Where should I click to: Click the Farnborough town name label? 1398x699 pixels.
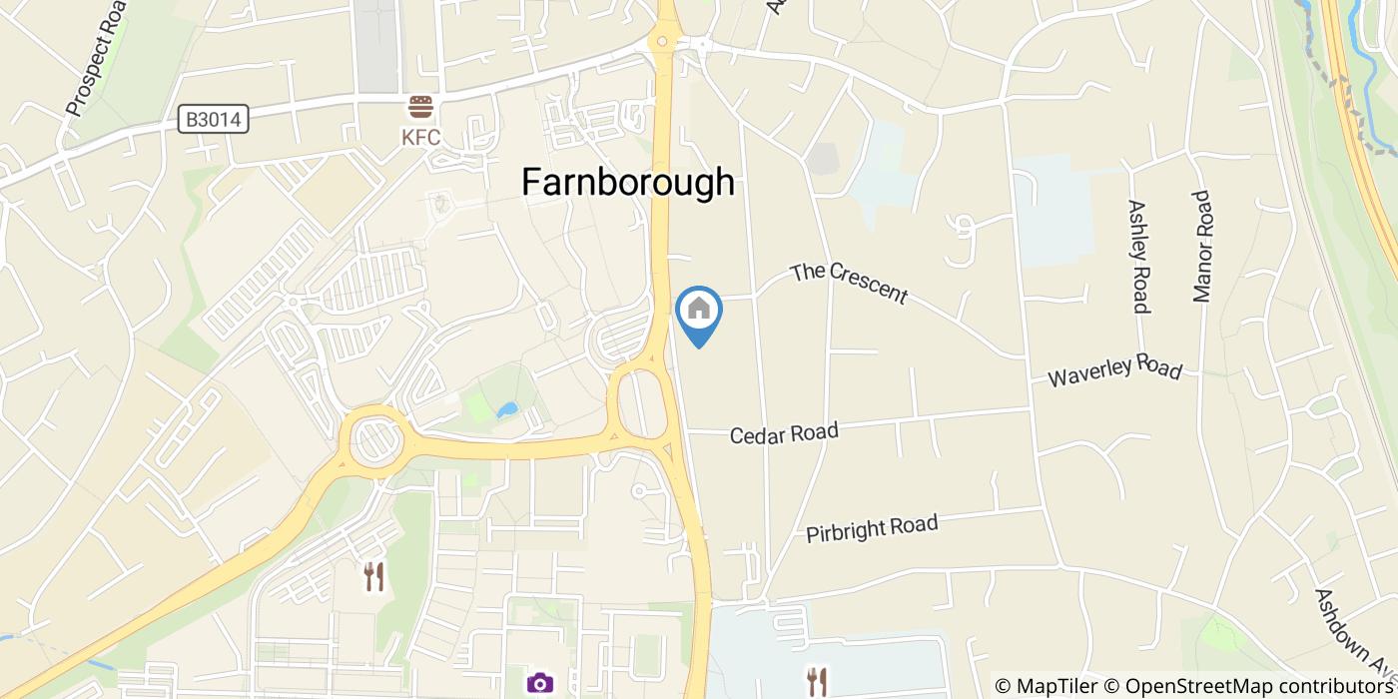tap(628, 182)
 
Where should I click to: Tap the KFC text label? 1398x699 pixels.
tap(420, 138)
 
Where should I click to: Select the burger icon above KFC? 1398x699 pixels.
tap(420, 107)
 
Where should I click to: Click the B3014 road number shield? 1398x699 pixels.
tap(214, 120)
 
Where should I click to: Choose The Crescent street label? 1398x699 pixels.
tap(849, 284)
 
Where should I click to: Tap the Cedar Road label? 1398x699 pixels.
tap(784, 433)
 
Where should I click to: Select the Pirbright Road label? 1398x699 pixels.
tap(872, 528)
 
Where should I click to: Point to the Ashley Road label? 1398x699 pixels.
tap(1139, 256)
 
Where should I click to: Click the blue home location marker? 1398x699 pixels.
tap(699, 313)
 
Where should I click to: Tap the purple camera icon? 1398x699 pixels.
tap(539, 683)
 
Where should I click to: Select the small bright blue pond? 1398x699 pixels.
tap(507, 409)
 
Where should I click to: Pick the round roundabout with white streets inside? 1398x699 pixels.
tap(374, 439)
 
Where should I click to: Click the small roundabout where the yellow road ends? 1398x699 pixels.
tap(659, 42)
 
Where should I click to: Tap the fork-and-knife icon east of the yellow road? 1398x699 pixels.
tap(818, 681)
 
